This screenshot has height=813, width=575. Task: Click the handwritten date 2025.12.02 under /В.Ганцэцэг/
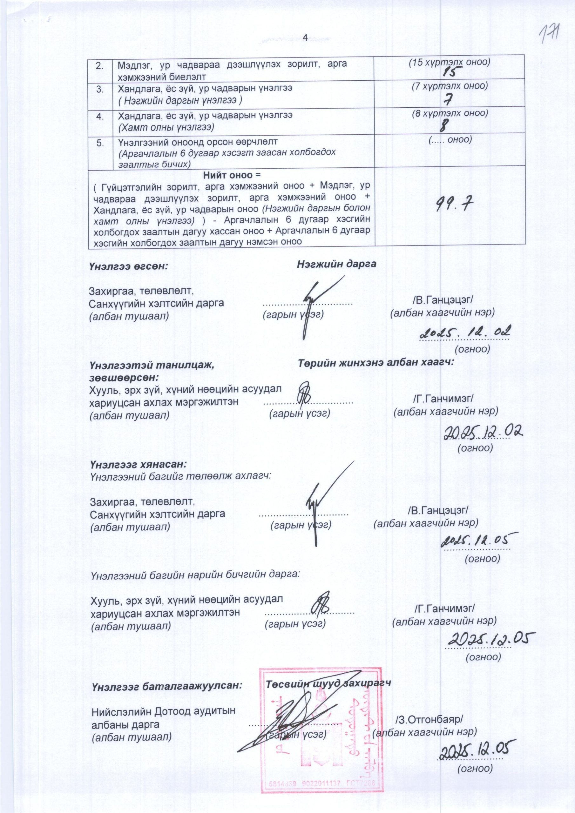coord(464,333)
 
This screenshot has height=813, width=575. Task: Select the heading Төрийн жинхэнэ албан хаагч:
coord(376,363)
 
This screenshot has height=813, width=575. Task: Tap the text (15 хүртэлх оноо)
coord(449,63)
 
